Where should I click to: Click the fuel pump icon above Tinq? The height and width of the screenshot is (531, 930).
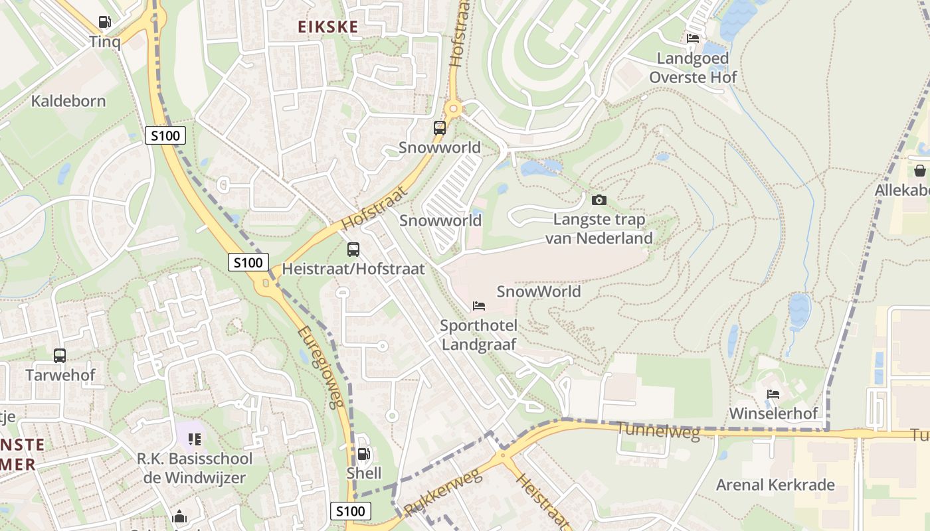click(x=105, y=22)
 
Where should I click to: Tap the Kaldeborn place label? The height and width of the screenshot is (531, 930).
click(x=68, y=102)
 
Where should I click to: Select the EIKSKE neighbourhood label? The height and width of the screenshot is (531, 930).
click(x=327, y=27)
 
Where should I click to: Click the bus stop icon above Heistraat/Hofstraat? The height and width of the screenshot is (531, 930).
click(x=353, y=250)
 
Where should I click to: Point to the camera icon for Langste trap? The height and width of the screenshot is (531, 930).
click(x=599, y=200)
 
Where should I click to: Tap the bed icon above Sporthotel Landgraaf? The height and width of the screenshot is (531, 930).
click(x=478, y=306)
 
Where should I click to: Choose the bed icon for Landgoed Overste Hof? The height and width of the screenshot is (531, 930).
click(x=692, y=38)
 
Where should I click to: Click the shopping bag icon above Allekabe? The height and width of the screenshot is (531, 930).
click(x=920, y=171)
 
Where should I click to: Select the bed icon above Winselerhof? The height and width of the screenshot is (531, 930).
click(x=773, y=394)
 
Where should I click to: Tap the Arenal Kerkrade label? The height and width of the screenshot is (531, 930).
click(x=775, y=485)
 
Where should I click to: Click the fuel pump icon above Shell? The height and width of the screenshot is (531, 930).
click(x=364, y=454)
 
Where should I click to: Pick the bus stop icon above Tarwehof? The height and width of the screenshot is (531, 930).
click(x=60, y=355)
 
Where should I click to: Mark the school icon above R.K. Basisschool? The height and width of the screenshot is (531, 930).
click(x=194, y=439)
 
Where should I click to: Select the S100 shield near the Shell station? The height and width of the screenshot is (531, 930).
click(x=350, y=511)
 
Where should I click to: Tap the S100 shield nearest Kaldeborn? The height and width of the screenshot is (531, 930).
click(x=165, y=136)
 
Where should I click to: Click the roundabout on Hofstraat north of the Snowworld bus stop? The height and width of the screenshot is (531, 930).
click(x=454, y=108)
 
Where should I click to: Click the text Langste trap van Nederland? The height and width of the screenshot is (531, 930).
click(x=599, y=229)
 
